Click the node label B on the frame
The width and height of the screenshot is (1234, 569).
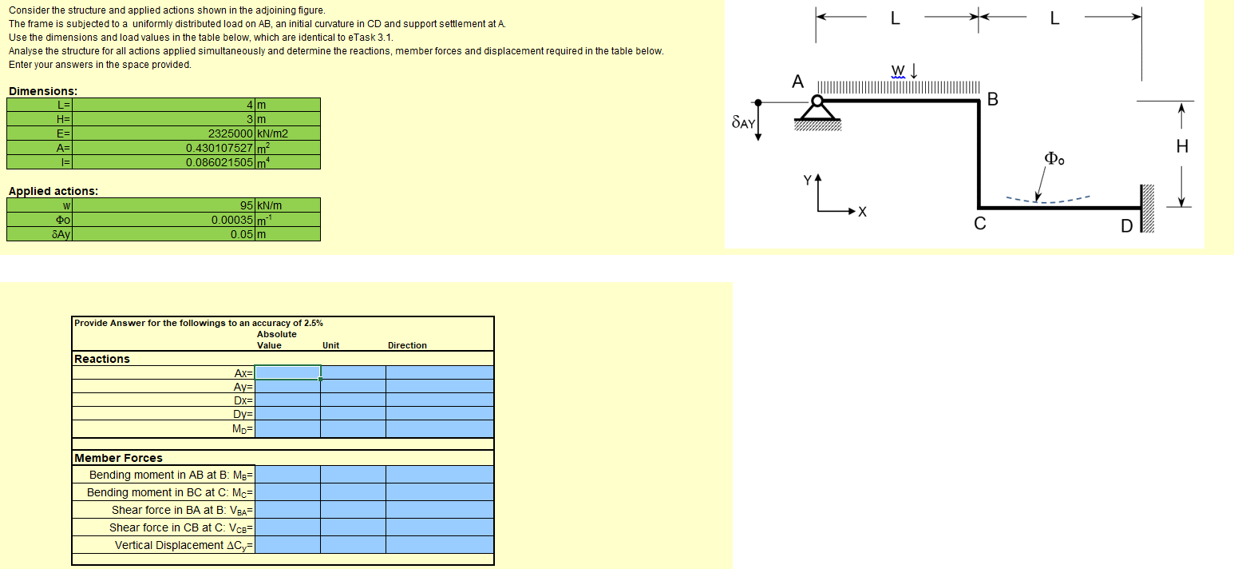click(992, 99)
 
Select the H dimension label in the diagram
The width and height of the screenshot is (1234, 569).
click(1182, 146)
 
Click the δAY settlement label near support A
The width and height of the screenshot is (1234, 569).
click(742, 123)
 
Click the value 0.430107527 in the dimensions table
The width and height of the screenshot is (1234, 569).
click(220, 148)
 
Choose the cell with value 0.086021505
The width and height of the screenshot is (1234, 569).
click(220, 162)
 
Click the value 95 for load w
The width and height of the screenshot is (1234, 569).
click(247, 205)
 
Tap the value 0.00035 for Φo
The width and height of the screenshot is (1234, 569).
click(232, 220)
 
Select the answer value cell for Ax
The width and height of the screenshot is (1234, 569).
click(288, 372)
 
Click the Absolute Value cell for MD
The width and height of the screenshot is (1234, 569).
click(288, 430)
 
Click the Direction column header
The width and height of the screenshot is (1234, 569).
click(407, 345)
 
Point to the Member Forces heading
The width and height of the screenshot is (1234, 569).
click(118, 458)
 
